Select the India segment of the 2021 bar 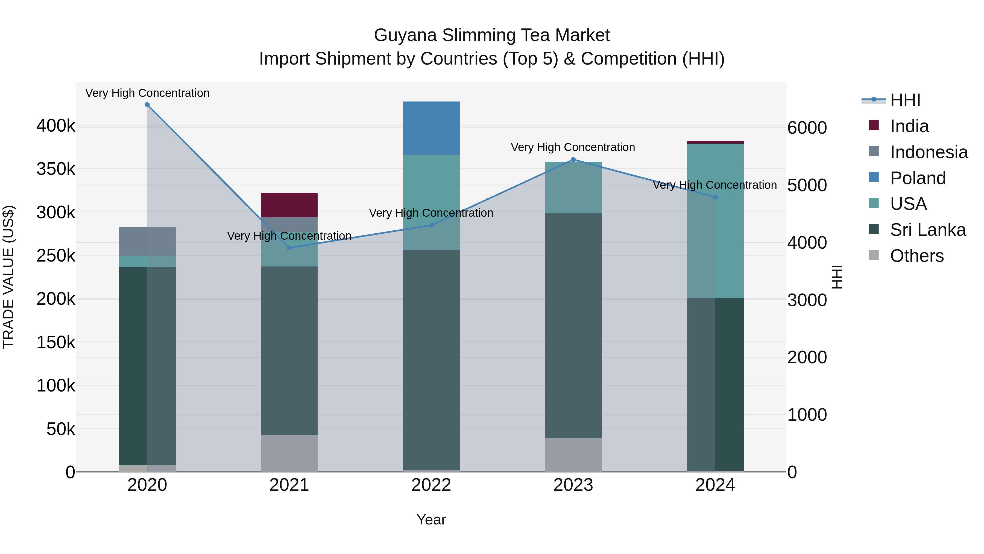289,205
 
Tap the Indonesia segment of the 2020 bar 147,241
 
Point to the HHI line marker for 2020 147,105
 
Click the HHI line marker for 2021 289,248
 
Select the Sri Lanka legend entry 927,230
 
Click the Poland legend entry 918,178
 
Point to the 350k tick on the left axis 56,169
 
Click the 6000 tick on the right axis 807,128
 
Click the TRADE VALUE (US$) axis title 8,277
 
